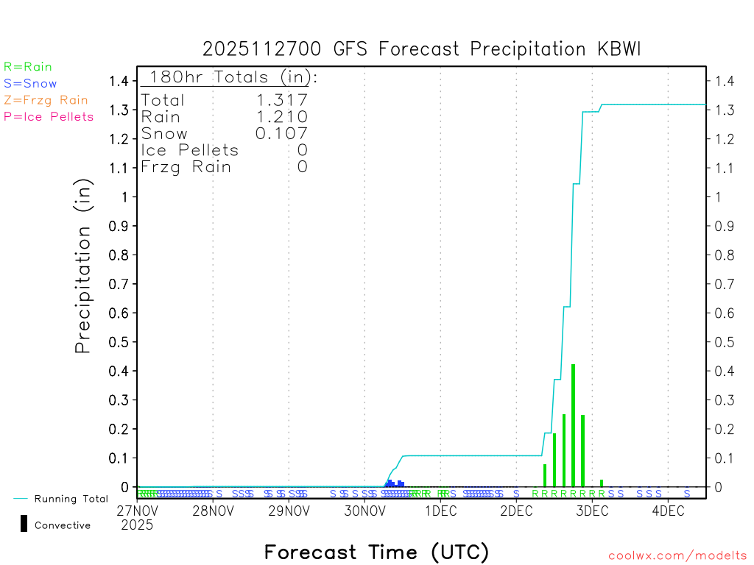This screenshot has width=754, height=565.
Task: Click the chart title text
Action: tap(422, 49)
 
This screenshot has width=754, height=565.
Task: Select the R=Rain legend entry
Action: tap(28, 67)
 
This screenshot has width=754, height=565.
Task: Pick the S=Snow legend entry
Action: tap(30, 83)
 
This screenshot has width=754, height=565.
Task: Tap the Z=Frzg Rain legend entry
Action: tap(46, 100)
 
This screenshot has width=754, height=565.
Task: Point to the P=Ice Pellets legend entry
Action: tap(49, 116)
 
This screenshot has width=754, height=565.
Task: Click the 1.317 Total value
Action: tap(281, 101)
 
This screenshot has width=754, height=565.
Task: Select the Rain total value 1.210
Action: tap(281, 117)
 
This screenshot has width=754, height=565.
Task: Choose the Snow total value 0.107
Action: tap(281, 133)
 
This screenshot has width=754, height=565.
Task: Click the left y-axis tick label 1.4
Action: tap(119, 81)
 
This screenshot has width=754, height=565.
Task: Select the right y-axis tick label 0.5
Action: tap(724, 342)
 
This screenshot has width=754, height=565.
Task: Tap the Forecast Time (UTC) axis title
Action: tap(377, 552)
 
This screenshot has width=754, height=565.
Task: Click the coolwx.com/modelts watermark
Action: tap(678, 556)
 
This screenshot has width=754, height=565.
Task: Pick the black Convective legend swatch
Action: tap(24, 524)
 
